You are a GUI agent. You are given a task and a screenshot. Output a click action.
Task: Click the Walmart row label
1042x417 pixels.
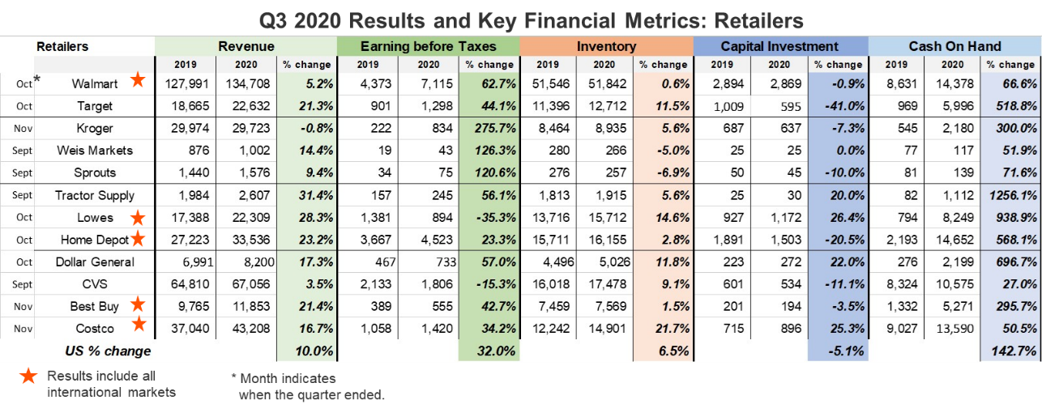[94, 83]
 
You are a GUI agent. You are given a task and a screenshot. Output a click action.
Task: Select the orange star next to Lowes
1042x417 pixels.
[138, 218]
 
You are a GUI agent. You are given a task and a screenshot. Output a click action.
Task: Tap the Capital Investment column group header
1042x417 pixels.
[779, 46]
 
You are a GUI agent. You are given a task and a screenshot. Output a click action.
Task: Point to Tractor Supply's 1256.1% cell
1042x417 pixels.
[1008, 195]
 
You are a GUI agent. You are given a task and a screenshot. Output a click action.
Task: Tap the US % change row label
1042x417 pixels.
[108, 351]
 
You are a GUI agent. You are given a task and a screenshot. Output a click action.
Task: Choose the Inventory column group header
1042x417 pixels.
[606, 46]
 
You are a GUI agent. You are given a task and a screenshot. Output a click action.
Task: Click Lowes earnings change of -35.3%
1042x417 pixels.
[491, 218]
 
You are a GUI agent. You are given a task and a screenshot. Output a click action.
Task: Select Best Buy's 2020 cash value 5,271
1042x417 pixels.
[956, 306]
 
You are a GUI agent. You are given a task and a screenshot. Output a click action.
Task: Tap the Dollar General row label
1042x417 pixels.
[94, 262]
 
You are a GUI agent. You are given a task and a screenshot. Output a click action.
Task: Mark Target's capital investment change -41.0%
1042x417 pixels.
[839, 106]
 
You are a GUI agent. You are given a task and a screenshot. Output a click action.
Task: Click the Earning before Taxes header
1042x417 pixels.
[427, 46]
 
